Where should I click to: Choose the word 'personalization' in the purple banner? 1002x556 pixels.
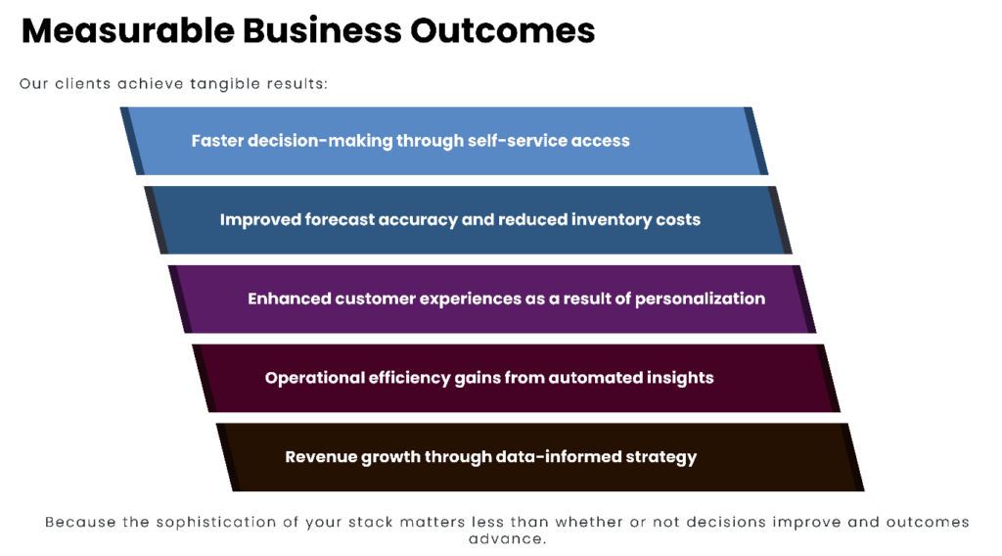pos(700,298)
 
